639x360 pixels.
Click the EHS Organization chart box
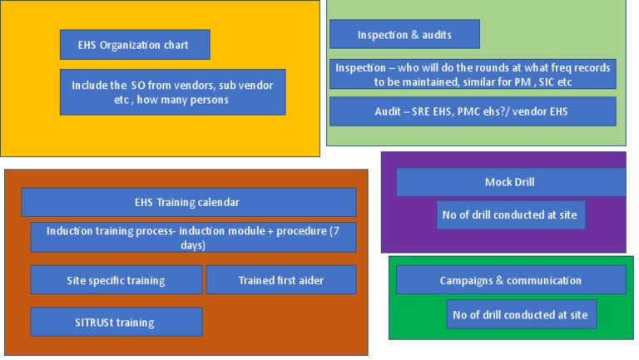click(134, 45)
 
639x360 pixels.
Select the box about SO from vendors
click(172, 92)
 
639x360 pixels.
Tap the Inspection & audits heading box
click(404, 34)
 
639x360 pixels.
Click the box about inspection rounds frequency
click(472, 74)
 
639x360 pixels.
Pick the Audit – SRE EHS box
click(472, 111)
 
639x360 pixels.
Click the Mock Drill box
click(509, 182)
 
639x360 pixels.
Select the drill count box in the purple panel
click(510, 215)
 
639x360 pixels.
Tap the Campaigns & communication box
click(510, 280)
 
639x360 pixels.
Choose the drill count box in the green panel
click(521, 314)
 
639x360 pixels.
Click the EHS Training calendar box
click(188, 202)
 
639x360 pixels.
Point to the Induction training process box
click(193, 237)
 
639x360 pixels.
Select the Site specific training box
click(116, 280)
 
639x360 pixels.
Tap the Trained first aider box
click(280, 280)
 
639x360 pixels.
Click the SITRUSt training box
click(116, 322)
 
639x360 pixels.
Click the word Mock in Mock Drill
click(498, 182)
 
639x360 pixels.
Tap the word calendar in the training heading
click(218, 202)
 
